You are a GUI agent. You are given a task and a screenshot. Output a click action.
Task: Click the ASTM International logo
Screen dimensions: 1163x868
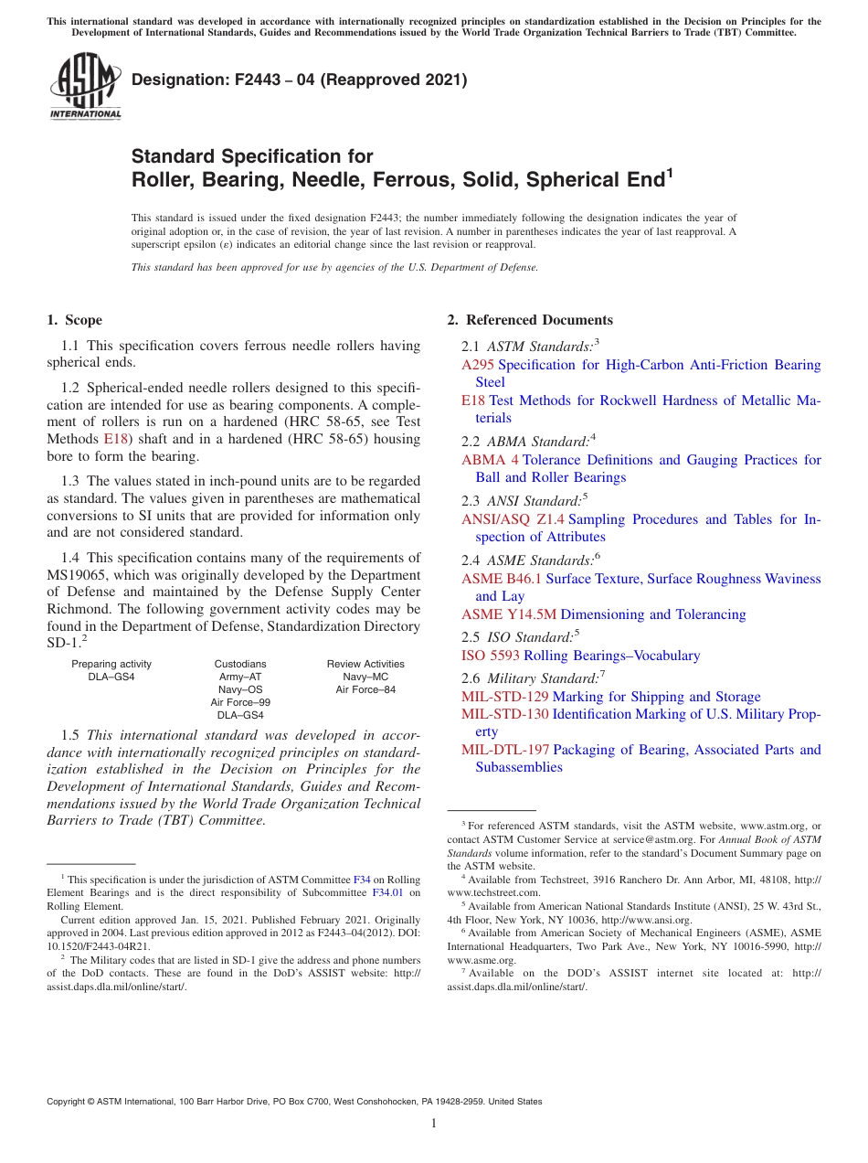[x=84, y=88]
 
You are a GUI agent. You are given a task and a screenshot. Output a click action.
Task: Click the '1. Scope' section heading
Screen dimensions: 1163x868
[x=74, y=320]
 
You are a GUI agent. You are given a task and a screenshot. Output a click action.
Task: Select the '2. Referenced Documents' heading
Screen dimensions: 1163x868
[x=530, y=320]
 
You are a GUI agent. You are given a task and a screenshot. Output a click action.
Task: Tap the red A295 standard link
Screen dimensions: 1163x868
[x=478, y=365]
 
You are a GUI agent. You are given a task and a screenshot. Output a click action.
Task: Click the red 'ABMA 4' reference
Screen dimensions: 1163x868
[x=490, y=460]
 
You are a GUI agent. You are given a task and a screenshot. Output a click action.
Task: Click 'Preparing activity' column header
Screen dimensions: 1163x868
[x=111, y=664]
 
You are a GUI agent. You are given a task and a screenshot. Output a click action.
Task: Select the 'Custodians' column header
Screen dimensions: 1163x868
[x=240, y=664]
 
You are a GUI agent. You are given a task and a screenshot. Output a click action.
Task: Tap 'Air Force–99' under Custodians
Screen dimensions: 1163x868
[x=240, y=702]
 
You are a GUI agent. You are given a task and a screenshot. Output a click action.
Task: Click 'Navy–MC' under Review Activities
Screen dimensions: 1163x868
[x=365, y=677]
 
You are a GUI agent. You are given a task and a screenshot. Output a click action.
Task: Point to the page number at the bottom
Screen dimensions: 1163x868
[x=434, y=1124]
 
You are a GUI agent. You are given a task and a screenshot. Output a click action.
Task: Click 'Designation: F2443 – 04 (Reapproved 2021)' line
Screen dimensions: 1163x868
[x=300, y=80]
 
